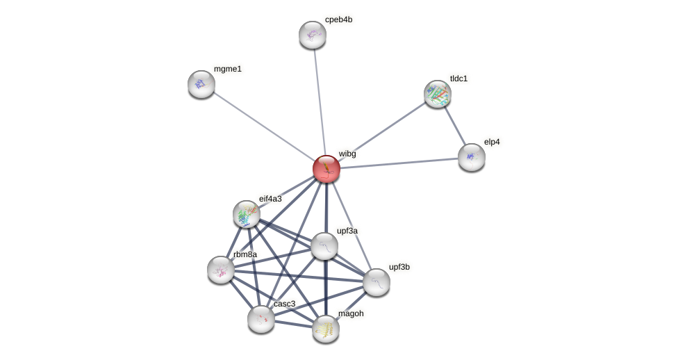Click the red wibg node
tap(326, 169)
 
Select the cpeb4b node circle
tap(313, 35)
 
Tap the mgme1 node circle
tap(201, 84)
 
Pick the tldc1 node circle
tap(438, 94)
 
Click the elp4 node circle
tap(472, 157)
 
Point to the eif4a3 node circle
tap(247, 214)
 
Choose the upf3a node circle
tap(324, 246)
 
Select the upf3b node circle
tap(377, 282)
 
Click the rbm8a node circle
tap(221, 270)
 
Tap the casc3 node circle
tap(261, 319)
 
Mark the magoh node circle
tap(326, 329)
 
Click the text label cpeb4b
tap(338, 19)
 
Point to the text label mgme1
tap(228, 69)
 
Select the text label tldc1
tap(458, 79)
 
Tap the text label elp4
tap(492, 142)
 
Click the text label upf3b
tap(399, 267)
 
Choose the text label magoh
tap(351, 313)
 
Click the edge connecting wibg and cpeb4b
tap(320, 101)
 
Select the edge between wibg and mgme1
tap(264, 126)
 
